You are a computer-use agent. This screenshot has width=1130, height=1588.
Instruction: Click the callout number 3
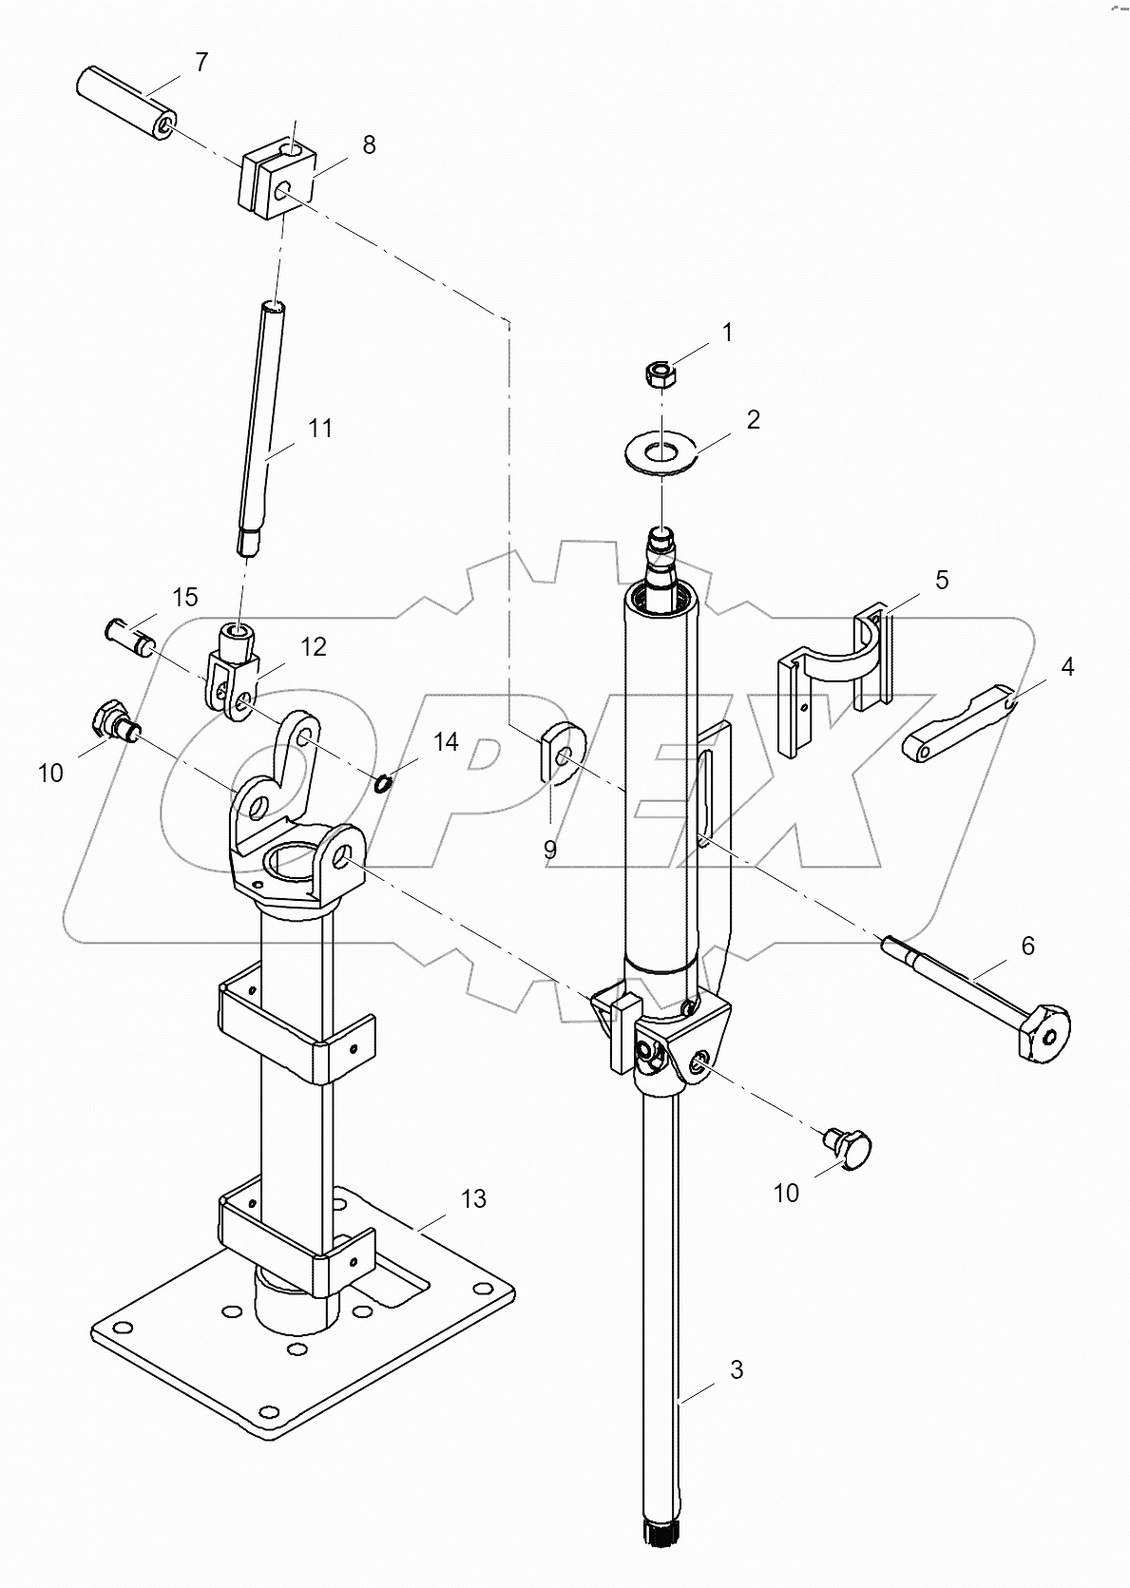(737, 1369)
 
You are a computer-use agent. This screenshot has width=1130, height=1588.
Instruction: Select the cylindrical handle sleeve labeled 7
(124, 102)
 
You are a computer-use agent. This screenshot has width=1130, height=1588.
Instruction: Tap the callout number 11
(320, 429)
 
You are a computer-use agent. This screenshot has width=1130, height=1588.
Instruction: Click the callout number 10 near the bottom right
(786, 1193)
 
